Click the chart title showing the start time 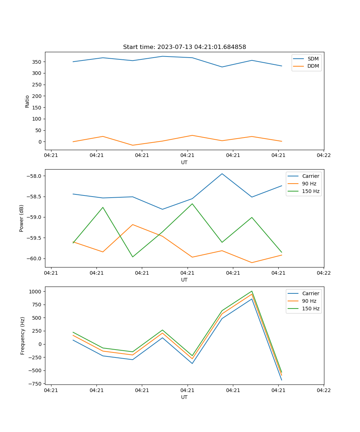click(x=184, y=47)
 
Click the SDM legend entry click(x=313, y=59)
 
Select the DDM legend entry click(x=313, y=66)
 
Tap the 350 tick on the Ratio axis click(x=37, y=62)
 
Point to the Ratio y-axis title click(x=27, y=101)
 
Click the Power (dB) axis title click(x=22, y=218)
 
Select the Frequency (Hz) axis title click(x=23, y=336)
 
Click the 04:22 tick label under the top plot click(x=324, y=156)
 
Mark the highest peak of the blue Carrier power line click(x=222, y=174)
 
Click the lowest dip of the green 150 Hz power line click(x=132, y=257)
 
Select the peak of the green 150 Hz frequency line click(x=252, y=291)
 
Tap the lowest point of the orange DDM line click(x=132, y=145)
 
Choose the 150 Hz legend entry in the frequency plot click(x=311, y=309)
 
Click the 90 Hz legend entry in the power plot click(x=309, y=184)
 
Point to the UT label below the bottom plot click(x=184, y=397)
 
